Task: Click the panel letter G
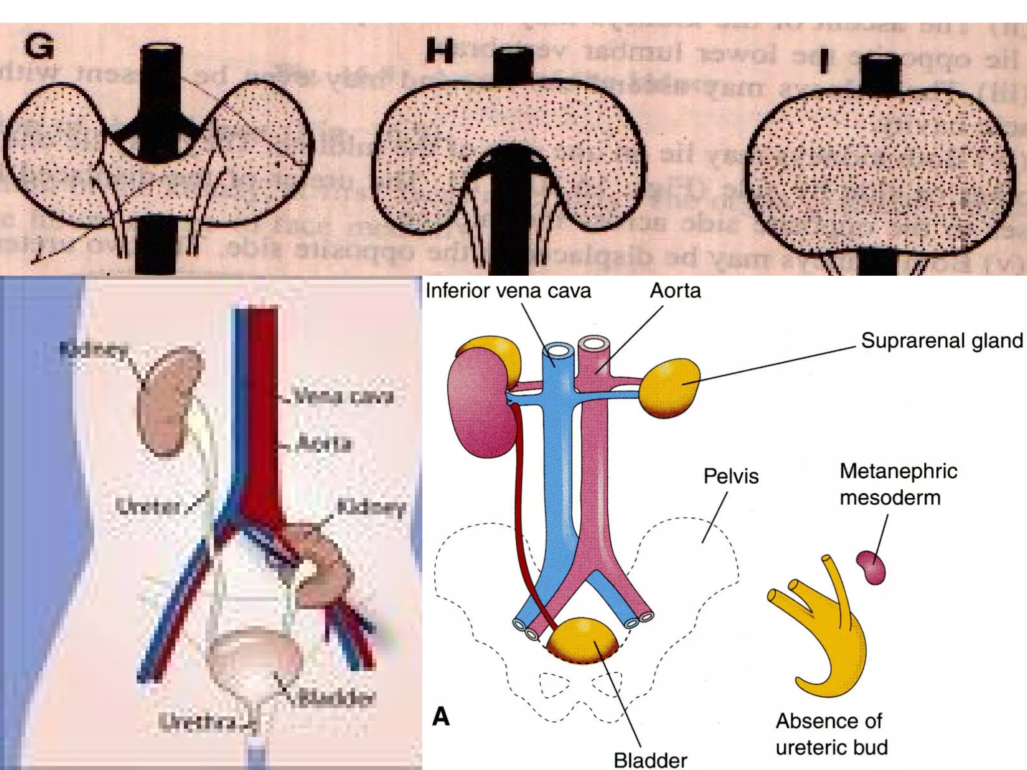39,46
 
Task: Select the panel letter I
823,62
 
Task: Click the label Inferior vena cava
508,291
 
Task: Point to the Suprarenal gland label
942,341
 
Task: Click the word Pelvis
731,476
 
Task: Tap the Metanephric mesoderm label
898,484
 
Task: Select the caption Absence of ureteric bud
831,734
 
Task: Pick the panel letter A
441,716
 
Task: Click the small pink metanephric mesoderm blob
871,567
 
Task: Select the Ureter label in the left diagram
147,506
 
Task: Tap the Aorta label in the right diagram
675,291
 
